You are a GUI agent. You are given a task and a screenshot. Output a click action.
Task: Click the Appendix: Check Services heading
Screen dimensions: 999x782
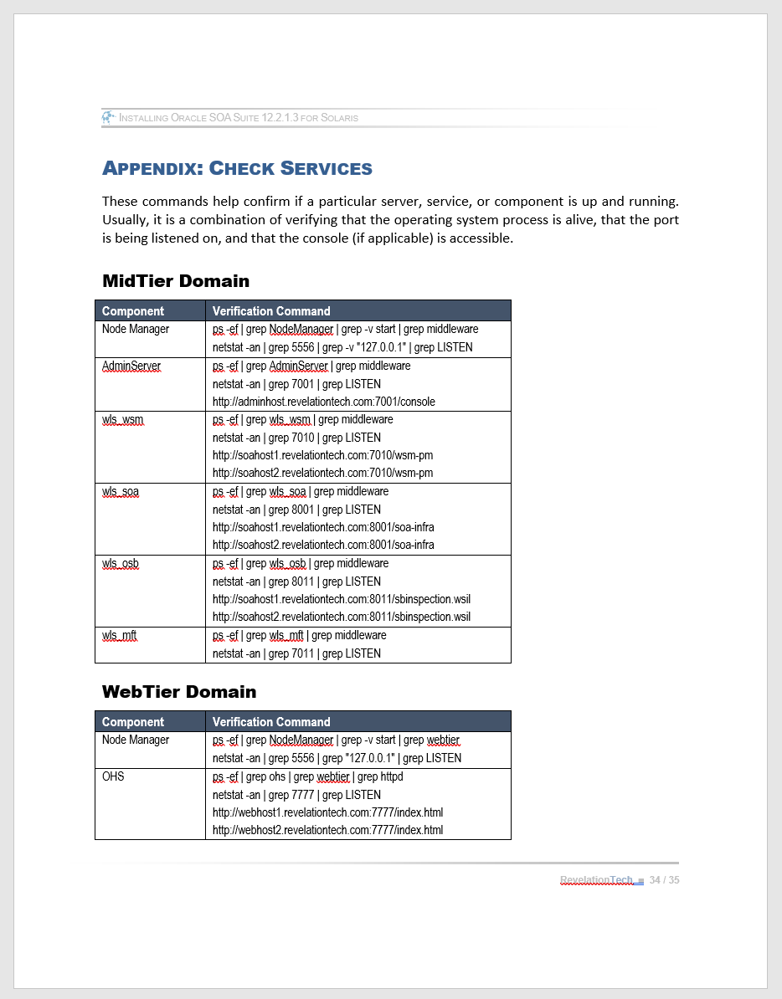tap(237, 168)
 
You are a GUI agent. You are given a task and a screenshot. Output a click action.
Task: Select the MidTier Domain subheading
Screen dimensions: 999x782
tap(176, 280)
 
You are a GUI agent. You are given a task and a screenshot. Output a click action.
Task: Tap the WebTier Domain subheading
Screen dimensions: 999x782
tap(179, 691)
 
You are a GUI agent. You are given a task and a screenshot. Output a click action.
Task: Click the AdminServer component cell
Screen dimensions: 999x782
tap(131, 366)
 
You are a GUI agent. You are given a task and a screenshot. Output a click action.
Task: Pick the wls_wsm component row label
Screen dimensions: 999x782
tap(124, 420)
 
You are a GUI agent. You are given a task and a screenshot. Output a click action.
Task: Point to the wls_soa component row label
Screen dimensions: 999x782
tap(121, 492)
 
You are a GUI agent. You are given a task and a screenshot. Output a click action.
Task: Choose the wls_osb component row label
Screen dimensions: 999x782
tap(121, 564)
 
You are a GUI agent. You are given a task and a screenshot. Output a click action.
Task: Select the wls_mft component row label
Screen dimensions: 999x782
tap(120, 636)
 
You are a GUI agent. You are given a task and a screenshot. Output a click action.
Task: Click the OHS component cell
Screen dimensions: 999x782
tap(113, 776)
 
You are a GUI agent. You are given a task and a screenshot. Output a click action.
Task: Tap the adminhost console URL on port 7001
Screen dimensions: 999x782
tap(324, 402)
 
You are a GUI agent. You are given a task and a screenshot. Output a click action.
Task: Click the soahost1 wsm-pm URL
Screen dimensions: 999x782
tap(322, 455)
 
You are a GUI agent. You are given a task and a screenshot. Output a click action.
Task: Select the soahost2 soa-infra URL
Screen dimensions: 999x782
tap(323, 545)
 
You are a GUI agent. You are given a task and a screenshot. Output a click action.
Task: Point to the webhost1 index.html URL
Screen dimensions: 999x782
tap(327, 812)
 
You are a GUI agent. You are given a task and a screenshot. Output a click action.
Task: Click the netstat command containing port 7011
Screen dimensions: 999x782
tap(296, 653)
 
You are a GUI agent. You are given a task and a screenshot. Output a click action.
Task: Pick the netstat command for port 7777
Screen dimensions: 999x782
tap(296, 795)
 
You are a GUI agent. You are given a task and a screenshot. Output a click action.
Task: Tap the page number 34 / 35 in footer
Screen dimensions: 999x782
tap(664, 879)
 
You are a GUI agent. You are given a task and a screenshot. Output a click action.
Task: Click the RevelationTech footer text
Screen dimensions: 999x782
tap(597, 879)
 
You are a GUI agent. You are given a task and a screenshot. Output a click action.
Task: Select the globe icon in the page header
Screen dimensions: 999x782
tap(108, 117)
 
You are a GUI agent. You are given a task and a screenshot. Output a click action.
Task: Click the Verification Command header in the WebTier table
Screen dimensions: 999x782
tap(271, 722)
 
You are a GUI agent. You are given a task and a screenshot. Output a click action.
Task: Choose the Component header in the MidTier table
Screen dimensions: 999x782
tap(133, 311)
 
